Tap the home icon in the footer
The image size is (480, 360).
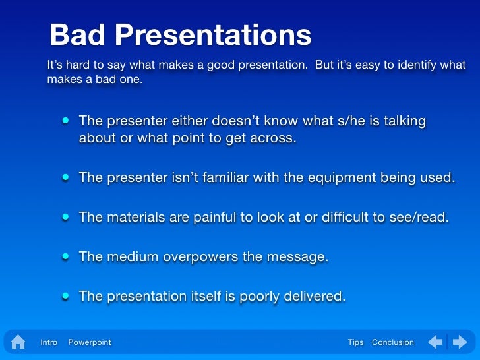coord(18,342)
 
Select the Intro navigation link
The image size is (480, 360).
coord(49,342)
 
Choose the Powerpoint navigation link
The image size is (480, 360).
coord(90,342)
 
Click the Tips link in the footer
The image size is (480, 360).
coord(355,342)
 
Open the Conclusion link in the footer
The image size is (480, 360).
coord(393,342)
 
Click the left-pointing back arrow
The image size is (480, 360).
coord(435,342)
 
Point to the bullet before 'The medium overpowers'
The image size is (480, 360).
coord(66,256)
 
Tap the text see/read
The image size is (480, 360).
coord(420,217)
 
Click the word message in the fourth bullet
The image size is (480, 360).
coord(297,256)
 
